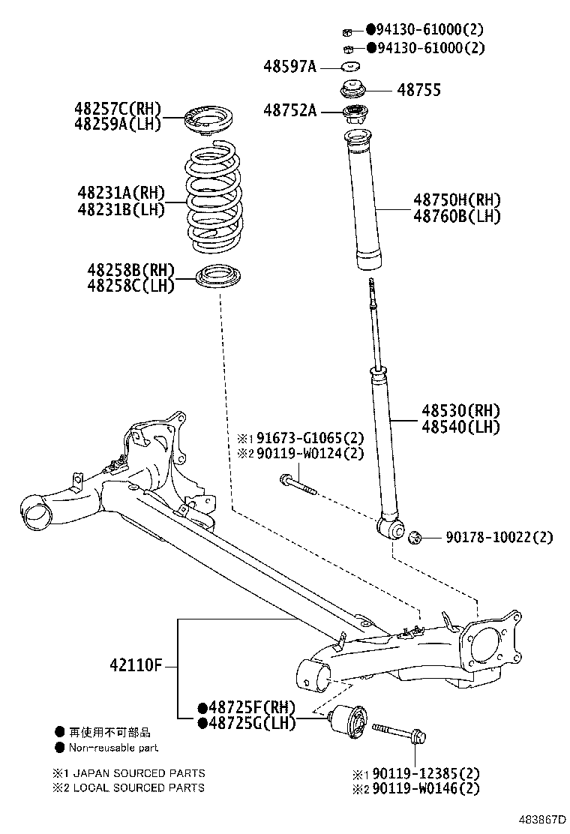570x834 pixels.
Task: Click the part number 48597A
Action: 289,67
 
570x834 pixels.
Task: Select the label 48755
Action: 418,90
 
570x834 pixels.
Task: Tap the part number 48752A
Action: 289,112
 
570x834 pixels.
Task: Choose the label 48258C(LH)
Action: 130,286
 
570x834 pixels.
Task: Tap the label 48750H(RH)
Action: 457,200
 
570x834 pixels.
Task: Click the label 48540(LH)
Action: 460,427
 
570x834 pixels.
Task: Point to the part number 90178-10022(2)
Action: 499,538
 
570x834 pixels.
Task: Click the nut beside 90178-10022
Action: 415,537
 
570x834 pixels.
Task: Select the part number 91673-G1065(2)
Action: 309,438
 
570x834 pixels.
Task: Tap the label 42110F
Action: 136,665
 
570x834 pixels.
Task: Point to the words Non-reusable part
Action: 113,748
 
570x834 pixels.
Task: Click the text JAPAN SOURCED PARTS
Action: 138,773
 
